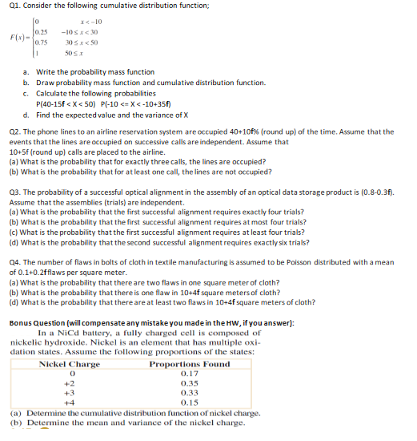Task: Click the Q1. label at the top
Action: pyautogui.click(x=13, y=7)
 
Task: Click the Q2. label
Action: pyautogui.click(x=13, y=131)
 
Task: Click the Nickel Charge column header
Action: pyautogui.click(x=70, y=365)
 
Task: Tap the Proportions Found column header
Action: pyautogui.click(x=189, y=365)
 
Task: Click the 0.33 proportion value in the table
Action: pyautogui.click(x=189, y=393)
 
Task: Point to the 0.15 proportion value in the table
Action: pyautogui.click(x=189, y=403)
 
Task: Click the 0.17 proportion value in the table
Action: pyautogui.click(x=189, y=374)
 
